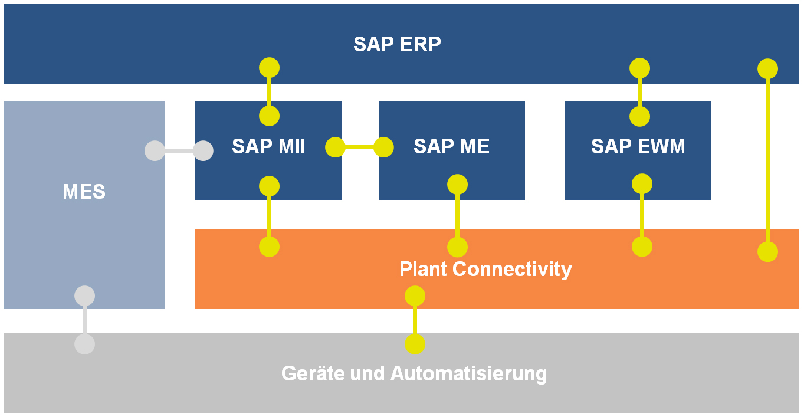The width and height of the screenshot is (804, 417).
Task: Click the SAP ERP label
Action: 397,44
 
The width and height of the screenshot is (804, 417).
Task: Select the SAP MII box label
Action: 268,146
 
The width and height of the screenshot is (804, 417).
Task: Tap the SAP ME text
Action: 451,146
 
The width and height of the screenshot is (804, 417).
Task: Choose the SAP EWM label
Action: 638,146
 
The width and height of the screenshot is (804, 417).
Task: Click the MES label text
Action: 84,192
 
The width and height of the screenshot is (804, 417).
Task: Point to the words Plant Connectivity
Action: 485,269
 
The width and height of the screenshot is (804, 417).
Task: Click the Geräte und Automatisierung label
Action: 414,373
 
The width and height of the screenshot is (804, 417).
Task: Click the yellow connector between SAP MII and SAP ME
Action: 359,147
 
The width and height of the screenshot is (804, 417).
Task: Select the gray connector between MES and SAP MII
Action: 179,150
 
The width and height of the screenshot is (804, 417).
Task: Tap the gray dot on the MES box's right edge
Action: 155,150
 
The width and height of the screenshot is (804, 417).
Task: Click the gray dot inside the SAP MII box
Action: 203,150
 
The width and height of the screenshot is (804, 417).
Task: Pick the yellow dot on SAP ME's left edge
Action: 383,147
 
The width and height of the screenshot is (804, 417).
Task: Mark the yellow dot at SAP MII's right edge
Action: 335,147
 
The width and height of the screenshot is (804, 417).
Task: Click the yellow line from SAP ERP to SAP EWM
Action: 639,93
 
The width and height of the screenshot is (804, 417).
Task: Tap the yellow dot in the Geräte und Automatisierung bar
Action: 415,344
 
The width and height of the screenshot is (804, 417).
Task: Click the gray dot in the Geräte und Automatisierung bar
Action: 84,344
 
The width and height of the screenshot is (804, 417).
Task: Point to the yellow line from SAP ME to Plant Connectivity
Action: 457,216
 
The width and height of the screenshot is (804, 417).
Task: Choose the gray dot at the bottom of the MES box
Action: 84,295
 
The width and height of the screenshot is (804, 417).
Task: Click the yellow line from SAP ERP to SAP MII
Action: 269,92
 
